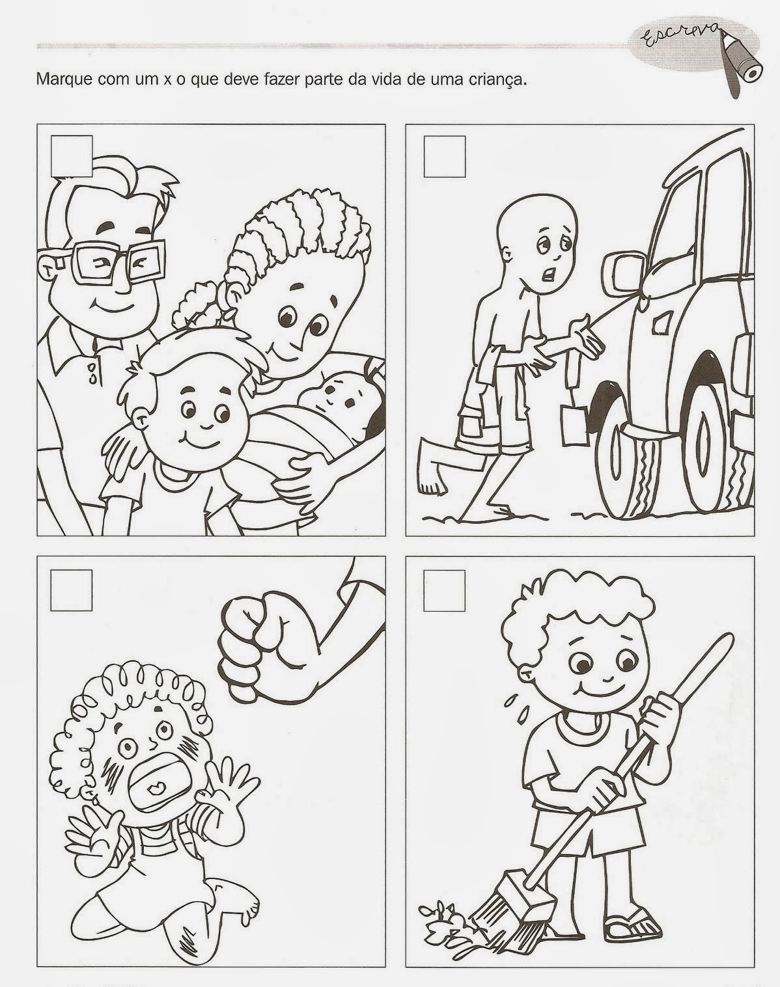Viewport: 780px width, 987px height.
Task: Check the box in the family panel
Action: (72, 156)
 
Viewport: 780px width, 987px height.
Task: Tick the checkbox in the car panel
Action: (445, 156)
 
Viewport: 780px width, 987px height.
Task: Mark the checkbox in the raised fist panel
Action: (71, 590)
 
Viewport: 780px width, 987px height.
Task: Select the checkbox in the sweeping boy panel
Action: (445, 591)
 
